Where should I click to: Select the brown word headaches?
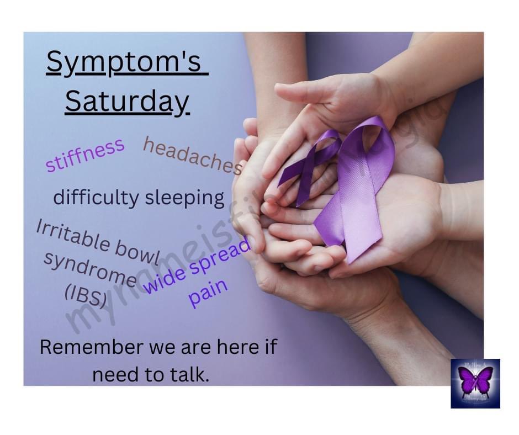193,155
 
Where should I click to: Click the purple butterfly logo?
475,383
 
